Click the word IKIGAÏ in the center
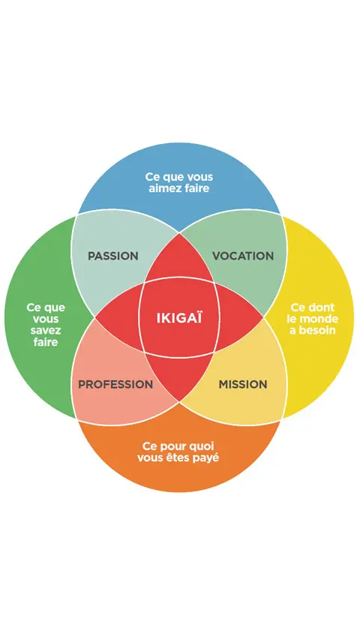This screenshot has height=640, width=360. (179, 317)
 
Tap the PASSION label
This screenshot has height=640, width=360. (113, 257)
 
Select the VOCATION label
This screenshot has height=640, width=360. (243, 257)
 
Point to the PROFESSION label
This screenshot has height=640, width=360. (115, 384)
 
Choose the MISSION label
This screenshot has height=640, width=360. (243, 384)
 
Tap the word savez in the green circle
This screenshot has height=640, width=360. (45, 330)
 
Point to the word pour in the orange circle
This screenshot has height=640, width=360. (172, 447)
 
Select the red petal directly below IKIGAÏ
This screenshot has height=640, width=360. (179, 377)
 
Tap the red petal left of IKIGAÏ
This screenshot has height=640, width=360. (118, 318)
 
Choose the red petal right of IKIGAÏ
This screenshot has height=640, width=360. (240, 318)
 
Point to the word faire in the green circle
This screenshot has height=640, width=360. (46, 341)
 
